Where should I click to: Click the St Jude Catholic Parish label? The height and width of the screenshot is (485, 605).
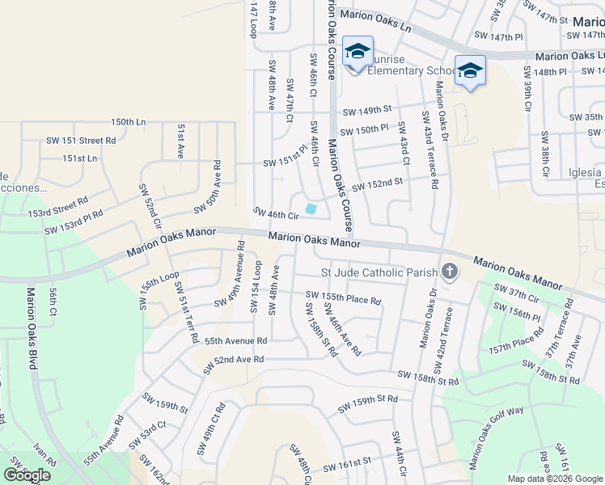[x=379, y=272]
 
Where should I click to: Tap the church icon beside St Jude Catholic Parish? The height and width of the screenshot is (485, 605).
[x=450, y=272]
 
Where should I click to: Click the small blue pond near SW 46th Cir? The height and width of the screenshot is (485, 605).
[x=311, y=209]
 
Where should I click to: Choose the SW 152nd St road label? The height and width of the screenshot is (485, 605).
[x=377, y=183]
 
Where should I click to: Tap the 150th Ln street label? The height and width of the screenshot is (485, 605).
[x=129, y=122]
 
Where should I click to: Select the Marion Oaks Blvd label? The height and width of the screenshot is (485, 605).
[x=32, y=329]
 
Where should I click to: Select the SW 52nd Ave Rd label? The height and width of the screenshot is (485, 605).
[x=233, y=359]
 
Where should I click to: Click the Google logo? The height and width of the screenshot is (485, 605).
[x=27, y=475]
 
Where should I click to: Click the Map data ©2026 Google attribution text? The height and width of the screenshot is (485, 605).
[x=555, y=479]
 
